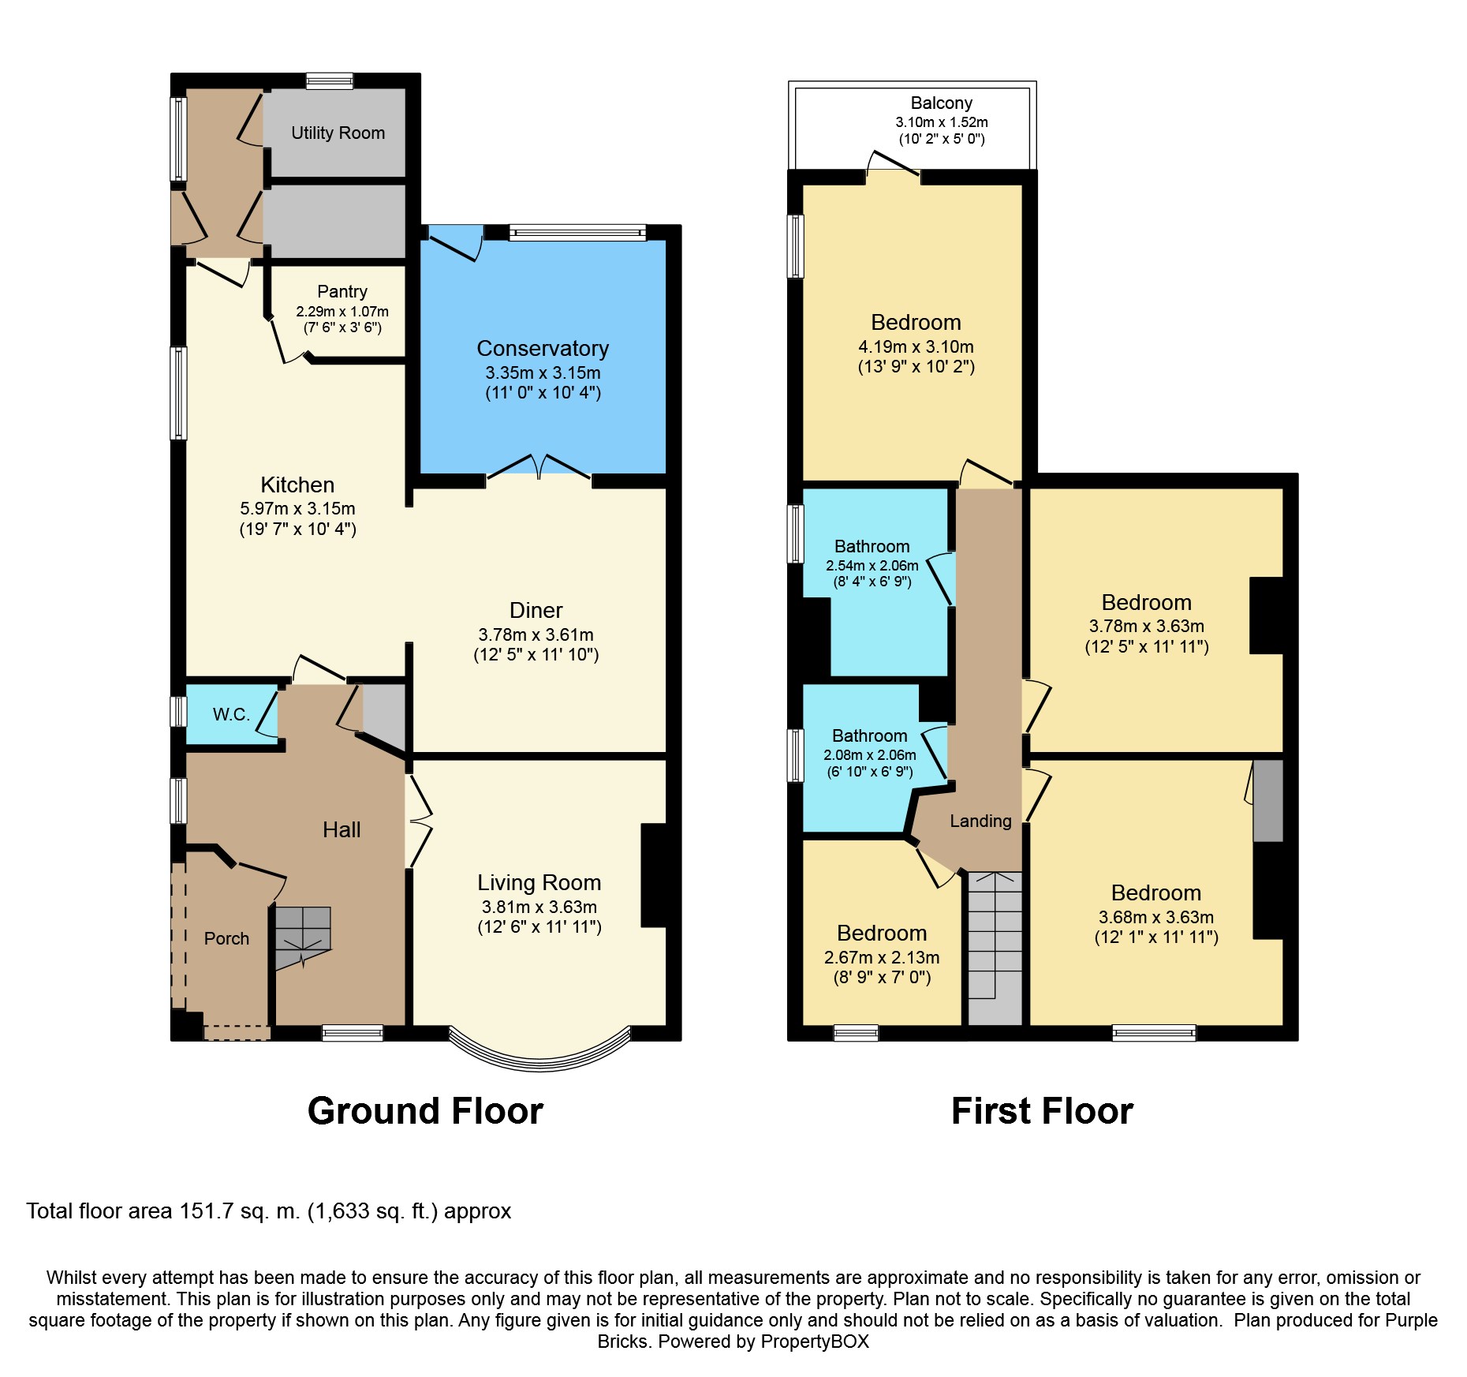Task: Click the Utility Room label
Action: tap(338, 133)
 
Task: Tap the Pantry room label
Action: tap(342, 291)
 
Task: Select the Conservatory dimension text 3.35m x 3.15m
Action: tap(543, 372)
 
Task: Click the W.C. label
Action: tap(231, 714)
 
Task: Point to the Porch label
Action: tap(226, 938)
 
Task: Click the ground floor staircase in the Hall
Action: tap(303, 937)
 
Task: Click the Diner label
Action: tap(536, 610)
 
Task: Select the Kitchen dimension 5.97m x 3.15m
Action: tap(297, 509)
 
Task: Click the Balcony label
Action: tap(941, 103)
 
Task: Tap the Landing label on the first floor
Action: tap(980, 821)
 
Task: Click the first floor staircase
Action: tap(995, 948)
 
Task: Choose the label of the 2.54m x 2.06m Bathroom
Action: tap(872, 546)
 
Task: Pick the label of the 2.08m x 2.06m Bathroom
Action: tap(870, 735)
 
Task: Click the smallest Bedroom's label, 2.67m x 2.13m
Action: tap(882, 934)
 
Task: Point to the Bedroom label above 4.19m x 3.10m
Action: tap(916, 322)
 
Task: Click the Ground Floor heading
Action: tap(425, 1111)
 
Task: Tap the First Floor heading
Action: tap(1042, 1111)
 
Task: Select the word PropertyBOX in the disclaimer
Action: tap(815, 1341)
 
